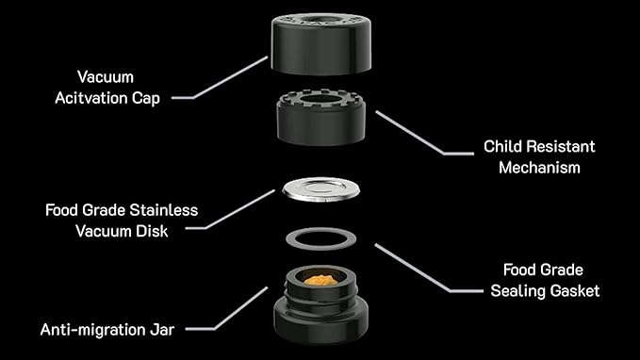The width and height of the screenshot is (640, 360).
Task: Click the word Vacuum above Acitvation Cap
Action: pyautogui.click(x=106, y=76)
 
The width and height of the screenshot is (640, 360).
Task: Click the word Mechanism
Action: pyautogui.click(x=539, y=168)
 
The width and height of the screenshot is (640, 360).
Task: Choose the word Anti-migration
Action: pyautogui.click(x=89, y=330)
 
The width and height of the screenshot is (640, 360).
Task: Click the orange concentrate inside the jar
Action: pyautogui.click(x=320, y=280)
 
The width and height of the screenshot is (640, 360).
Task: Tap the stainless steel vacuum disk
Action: pyautogui.click(x=320, y=189)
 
